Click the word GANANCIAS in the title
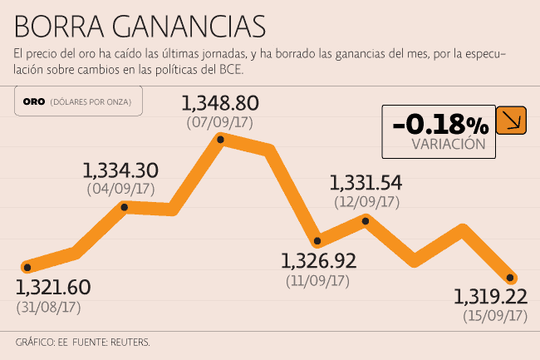coord(179,25)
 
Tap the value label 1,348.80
coord(220,105)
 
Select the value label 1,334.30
coord(120,171)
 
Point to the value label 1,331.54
coord(366,183)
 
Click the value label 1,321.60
coord(53,288)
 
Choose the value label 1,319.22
coord(490,297)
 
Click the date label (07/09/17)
coord(220,123)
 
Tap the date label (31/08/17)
coord(48,308)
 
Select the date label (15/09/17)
coord(495,316)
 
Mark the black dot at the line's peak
coord(221,140)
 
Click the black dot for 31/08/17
coord(27,268)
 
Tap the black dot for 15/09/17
coord(511,278)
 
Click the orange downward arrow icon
coord(510,121)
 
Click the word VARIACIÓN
coord(448,144)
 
